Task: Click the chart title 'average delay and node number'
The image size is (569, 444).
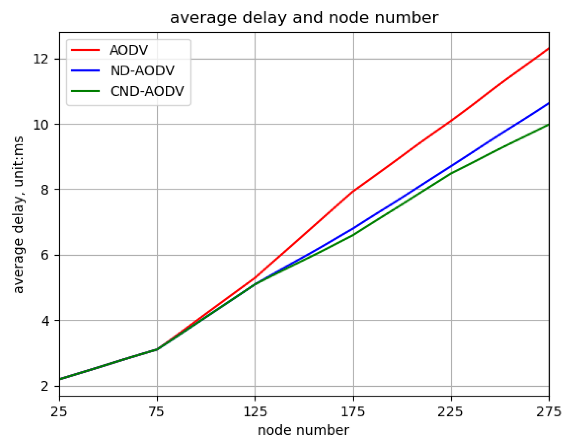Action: pyautogui.click(x=304, y=18)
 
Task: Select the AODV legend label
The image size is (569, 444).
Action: pyautogui.click(x=129, y=50)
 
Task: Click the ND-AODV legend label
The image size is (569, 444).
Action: pyautogui.click(x=142, y=71)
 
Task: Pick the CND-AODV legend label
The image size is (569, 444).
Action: pyautogui.click(x=147, y=91)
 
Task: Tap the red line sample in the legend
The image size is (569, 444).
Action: pyautogui.click(x=85, y=50)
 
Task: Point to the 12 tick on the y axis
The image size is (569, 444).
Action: pyautogui.click(x=41, y=59)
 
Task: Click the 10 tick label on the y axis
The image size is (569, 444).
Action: pyautogui.click(x=41, y=125)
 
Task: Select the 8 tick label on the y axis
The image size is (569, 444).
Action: pyautogui.click(x=45, y=190)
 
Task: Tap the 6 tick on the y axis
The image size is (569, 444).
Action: pyautogui.click(x=45, y=255)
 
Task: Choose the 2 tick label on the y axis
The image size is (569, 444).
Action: pyautogui.click(x=45, y=386)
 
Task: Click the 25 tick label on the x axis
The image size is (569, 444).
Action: pyautogui.click(x=59, y=412)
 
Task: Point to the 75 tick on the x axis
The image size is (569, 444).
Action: pyautogui.click(x=157, y=412)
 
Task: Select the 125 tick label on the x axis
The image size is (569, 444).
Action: pyautogui.click(x=255, y=412)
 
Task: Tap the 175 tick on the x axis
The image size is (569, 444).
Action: pyautogui.click(x=353, y=412)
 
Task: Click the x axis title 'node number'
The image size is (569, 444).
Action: pyautogui.click(x=303, y=430)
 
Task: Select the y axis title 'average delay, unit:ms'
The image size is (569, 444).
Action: pyautogui.click(x=18, y=214)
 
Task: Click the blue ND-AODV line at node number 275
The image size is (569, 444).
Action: pyautogui.click(x=548, y=103)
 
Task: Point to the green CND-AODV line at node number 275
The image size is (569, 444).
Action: pyautogui.click(x=548, y=125)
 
